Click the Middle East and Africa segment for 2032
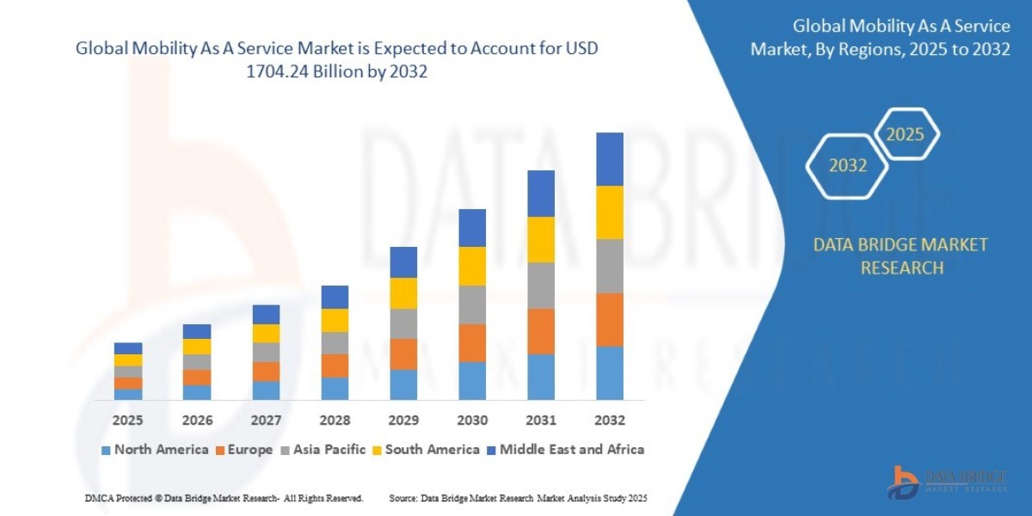[609, 159]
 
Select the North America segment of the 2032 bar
[609, 373]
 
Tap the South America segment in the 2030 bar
[472, 266]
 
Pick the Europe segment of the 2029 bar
[403, 354]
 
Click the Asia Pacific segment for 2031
[540, 286]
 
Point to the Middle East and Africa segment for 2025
[128, 348]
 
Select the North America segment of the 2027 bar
[266, 390]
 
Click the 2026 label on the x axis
[197, 421]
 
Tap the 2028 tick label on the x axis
[335, 421]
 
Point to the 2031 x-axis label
[540, 421]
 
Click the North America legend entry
[155, 449]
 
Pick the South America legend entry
[425, 449]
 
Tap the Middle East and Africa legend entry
[564, 449]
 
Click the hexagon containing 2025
[905, 134]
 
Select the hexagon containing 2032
[848, 165]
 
